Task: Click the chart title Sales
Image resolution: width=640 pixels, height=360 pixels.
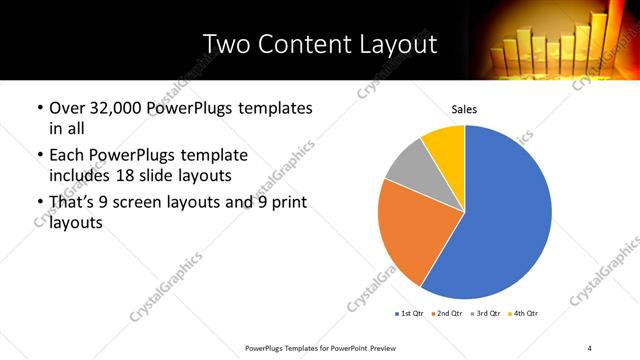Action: [x=464, y=108]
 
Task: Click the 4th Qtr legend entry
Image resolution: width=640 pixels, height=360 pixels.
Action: [x=524, y=315]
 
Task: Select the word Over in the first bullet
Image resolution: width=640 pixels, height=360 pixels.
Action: [x=67, y=108]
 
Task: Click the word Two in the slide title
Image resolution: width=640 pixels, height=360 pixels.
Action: [x=223, y=45]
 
